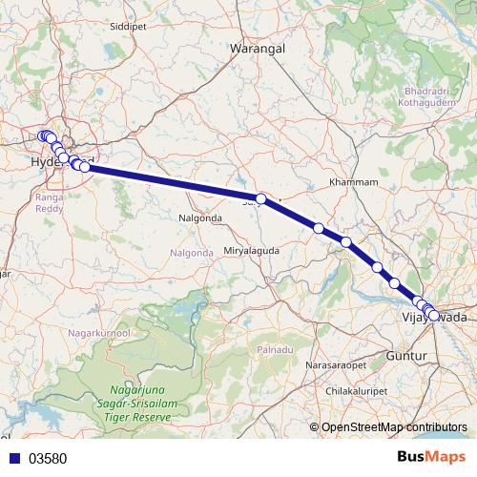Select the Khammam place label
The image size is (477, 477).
pyautogui.click(x=353, y=181)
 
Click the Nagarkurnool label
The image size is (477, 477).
pyautogui.click(x=98, y=332)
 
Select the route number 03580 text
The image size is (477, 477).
pyautogui.click(x=48, y=458)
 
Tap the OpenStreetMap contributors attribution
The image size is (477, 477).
pyautogui.click(x=394, y=427)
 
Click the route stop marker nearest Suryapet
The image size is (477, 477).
pyautogui.click(x=260, y=197)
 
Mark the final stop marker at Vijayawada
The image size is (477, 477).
pyautogui.click(x=434, y=316)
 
